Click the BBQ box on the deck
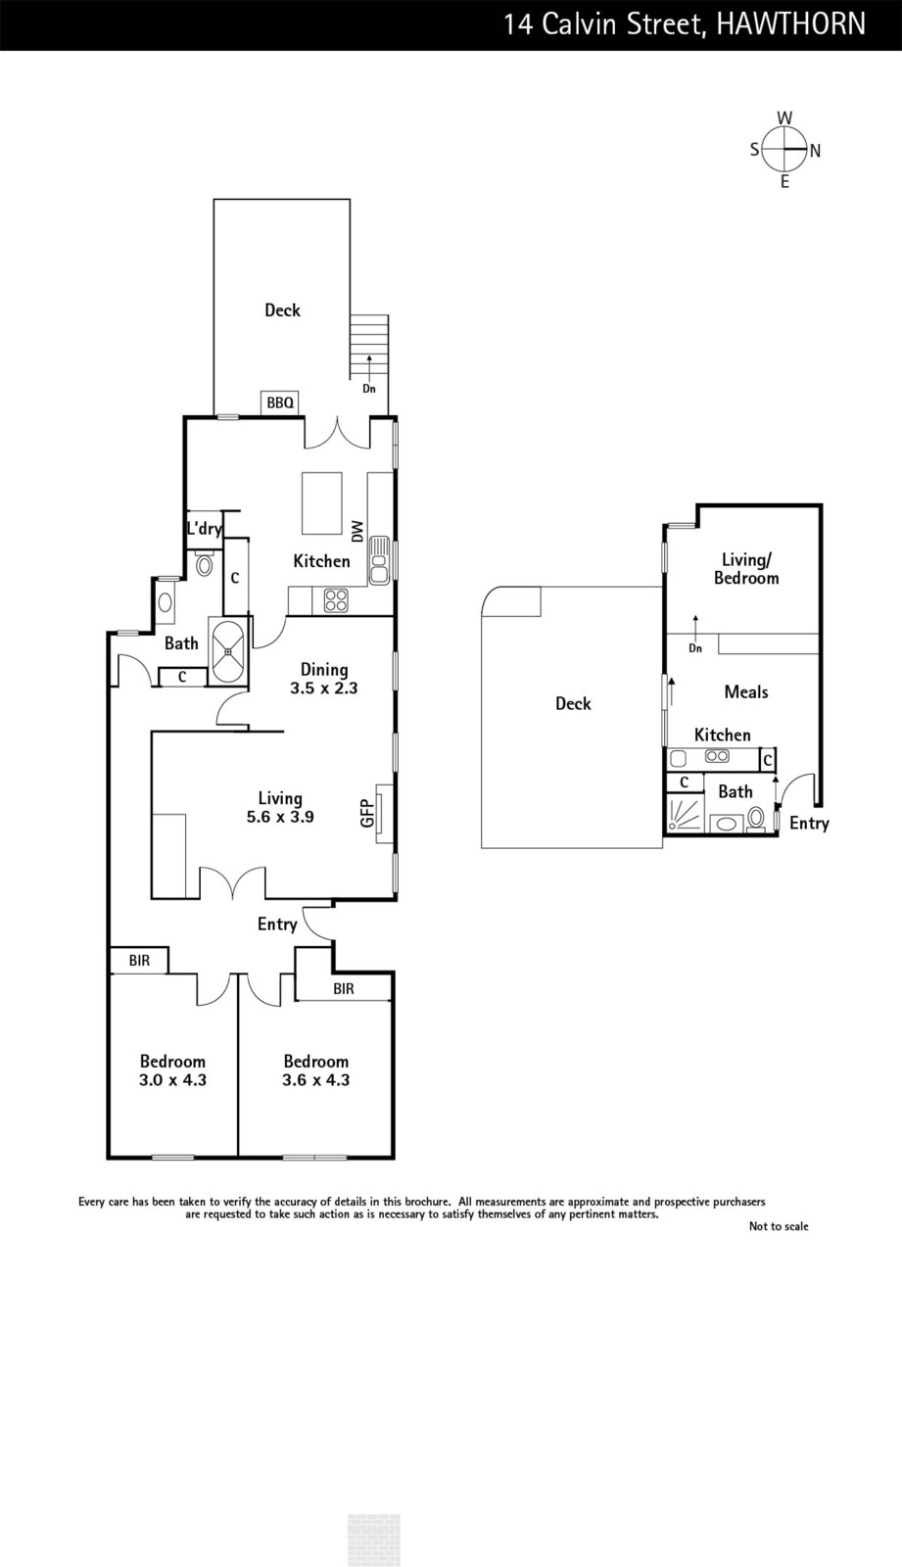click(280, 403)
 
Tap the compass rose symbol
click(784, 150)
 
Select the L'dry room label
click(205, 528)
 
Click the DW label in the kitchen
click(357, 531)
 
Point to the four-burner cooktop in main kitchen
click(336, 600)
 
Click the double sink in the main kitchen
click(379, 560)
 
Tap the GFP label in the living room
click(367, 813)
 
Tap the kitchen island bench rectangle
click(322, 503)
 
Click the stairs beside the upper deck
click(369, 347)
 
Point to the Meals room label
click(746, 691)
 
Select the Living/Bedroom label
click(746, 569)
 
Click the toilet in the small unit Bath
click(756, 819)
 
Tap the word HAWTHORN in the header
click(791, 24)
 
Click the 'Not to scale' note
click(779, 1225)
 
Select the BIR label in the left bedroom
click(139, 961)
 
